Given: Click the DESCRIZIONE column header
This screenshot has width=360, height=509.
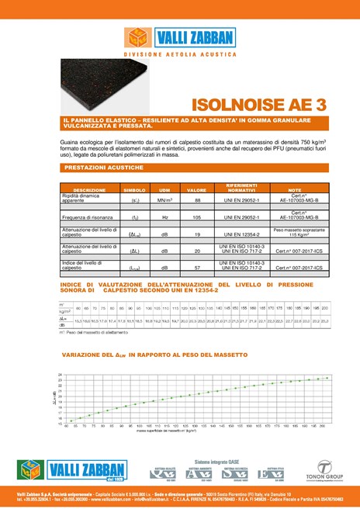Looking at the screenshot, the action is [x=89, y=190].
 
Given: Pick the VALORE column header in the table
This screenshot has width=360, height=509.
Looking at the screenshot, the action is [x=197, y=190].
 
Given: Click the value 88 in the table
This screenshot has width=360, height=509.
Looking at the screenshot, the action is [x=197, y=200].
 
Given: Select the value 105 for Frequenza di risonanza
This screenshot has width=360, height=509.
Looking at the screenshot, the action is [x=197, y=218].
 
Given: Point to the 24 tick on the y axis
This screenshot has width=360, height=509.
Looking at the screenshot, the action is [x=60, y=374].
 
